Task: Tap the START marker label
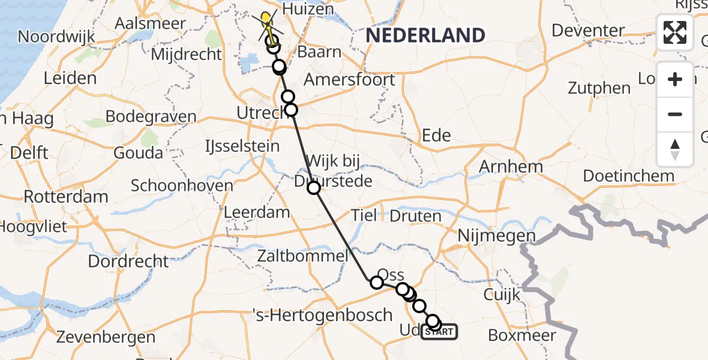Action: (440, 331)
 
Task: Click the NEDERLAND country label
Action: (425, 35)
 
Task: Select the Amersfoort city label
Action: (349, 80)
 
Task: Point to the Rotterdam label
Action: (66, 196)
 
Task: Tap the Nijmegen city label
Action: (496, 236)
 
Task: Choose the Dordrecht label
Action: (128, 262)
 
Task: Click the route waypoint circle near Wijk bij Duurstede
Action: (314, 188)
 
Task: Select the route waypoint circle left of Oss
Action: (377, 283)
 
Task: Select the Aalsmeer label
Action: (151, 24)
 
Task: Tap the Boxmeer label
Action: (522, 335)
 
